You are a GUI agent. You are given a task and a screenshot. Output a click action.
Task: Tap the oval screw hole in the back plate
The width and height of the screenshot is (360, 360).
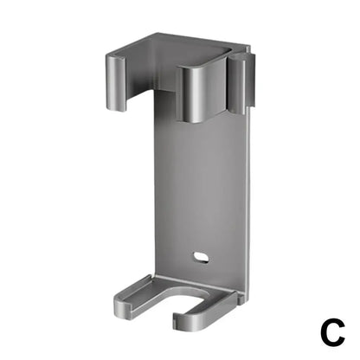(202, 257)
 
